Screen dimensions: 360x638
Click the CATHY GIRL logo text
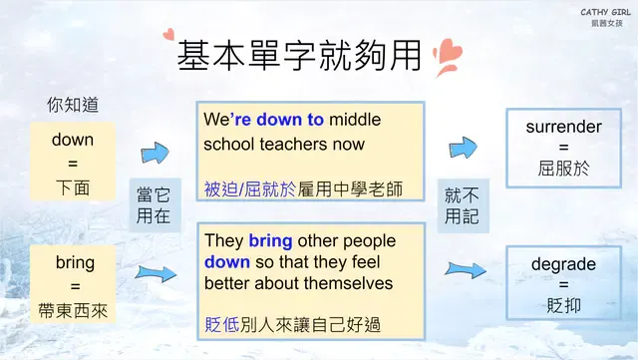[x=602, y=12]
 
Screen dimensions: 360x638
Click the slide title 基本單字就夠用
[x=294, y=55]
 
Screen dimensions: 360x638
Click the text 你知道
[x=73, y=104]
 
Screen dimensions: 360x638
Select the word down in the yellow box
[x=73, y=140]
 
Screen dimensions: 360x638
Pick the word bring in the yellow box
[x=75, y=263]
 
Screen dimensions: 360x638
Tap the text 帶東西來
[x=75, y=309]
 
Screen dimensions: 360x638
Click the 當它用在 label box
[x=154, y=205]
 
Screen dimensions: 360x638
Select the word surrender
[x=564, y=127]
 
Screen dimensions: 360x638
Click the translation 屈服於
[x=564, y=169]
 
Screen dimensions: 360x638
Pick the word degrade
[x=564, y=264]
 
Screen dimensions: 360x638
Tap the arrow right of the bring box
[x=155, y=271]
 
